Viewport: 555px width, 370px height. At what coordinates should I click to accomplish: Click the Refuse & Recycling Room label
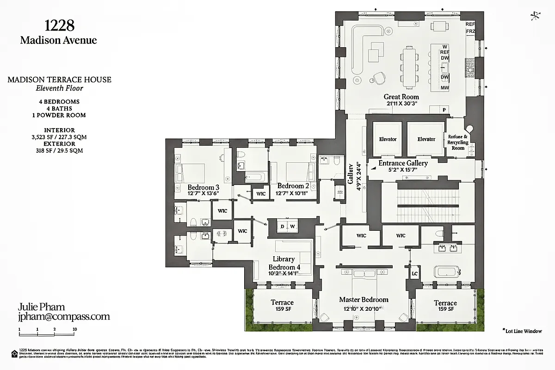[458, 142]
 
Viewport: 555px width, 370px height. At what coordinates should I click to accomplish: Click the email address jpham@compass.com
[64, 317]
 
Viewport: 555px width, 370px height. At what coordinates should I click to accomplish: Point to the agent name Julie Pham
[41, 307]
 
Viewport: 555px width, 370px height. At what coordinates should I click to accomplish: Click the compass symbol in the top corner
[536, 16]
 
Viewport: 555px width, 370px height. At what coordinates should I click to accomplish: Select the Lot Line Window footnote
[521, 331]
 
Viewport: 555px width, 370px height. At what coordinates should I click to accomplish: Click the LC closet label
[415, 274]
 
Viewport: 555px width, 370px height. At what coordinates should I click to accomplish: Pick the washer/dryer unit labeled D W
[287, 226]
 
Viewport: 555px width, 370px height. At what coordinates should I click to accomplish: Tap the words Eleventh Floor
[59, 88]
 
